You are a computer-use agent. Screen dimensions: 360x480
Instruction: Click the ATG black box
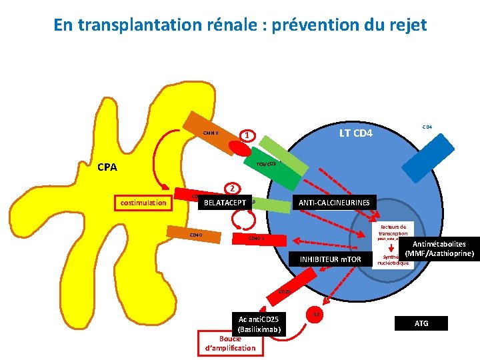421,323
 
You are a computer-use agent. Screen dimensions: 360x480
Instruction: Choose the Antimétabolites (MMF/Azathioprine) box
439,249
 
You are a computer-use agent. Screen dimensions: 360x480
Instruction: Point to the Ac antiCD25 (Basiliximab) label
257,324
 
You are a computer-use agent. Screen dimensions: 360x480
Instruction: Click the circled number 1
247,135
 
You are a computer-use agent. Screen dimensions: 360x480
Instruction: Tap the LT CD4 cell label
356,134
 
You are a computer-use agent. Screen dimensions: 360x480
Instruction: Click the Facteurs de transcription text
393,230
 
